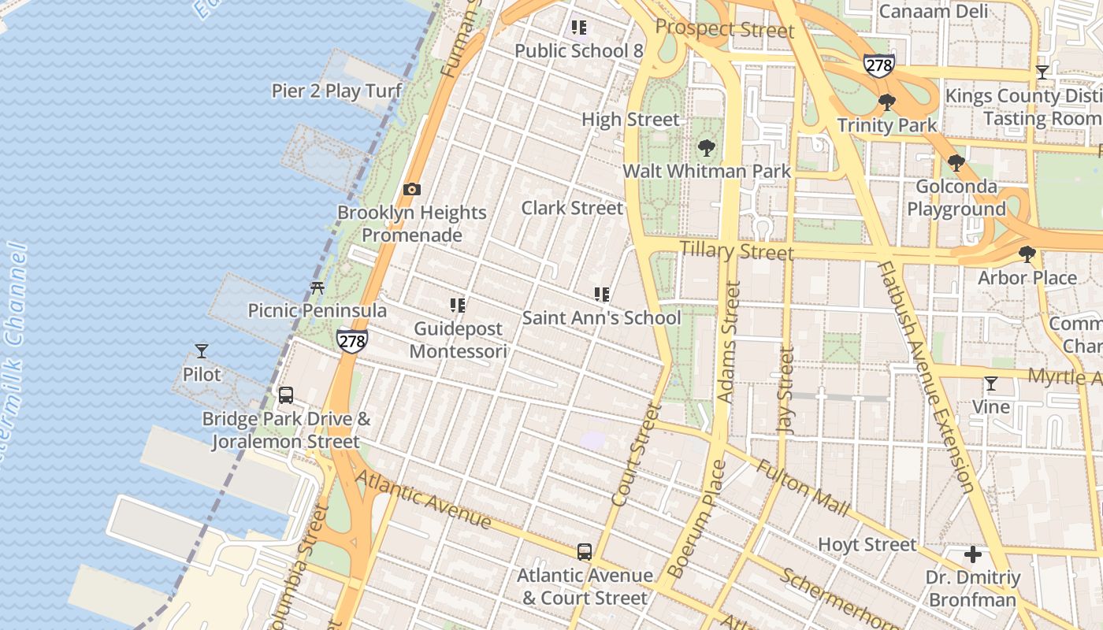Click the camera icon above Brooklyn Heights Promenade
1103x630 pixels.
[x=411, y=189]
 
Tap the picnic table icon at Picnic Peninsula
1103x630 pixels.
[x=318, y=288]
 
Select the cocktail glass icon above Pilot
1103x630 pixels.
[x=202, y=351]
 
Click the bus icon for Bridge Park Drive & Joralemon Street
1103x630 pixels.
[x=286, y=395]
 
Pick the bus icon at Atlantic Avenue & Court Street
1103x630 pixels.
[x=584, y=552]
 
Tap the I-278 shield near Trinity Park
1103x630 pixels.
[x=878, y=65]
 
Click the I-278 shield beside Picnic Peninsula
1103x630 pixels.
[x=351, y=340]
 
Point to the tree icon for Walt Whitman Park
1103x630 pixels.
[x=706, y=148]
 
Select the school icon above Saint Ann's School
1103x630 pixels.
[x=602, y=295]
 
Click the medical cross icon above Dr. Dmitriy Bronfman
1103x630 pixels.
[x=973, y=554]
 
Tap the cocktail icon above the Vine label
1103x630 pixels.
[x=991, y=384]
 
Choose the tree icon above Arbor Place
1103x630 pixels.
[x=1027, y=254]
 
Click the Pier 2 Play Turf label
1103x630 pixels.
[x=336, y=91]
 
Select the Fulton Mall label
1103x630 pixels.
[x=803, y=488]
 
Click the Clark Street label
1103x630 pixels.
[x=572, y=208]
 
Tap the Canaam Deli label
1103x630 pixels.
[x=933, y=11]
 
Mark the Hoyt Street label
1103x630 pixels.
[x=867, y=544]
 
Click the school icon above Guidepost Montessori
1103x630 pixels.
[x=458, y=305]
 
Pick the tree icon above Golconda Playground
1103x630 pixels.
[x=956, y=164]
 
